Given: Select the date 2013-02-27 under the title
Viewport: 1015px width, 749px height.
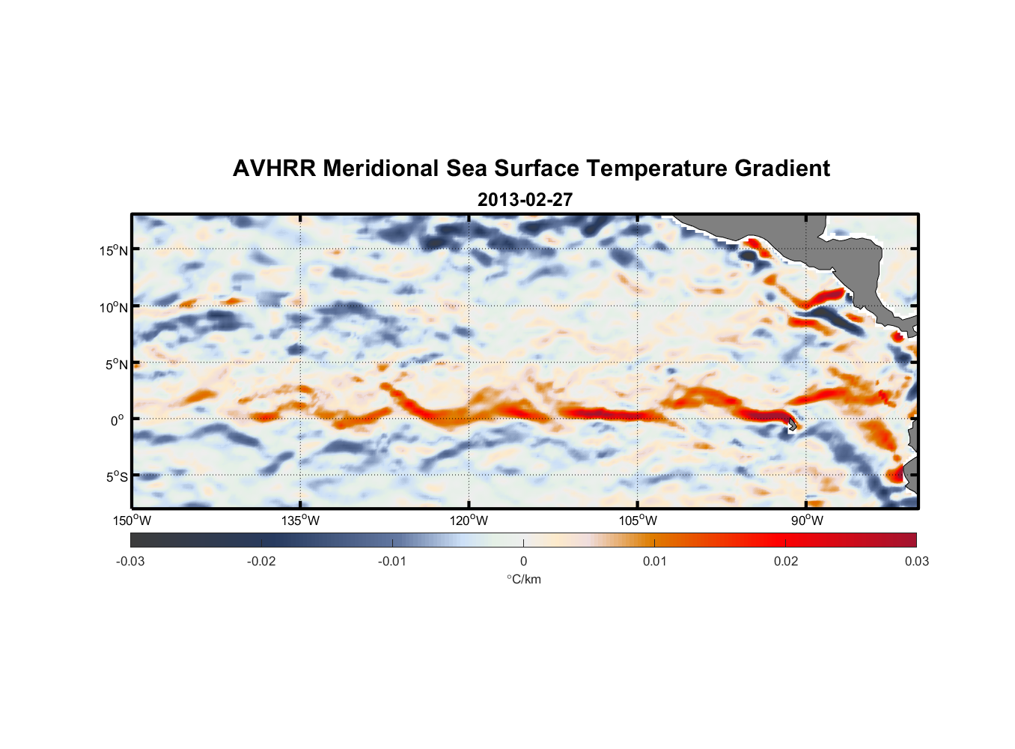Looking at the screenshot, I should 525,200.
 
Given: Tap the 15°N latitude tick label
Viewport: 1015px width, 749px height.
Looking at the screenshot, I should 113,250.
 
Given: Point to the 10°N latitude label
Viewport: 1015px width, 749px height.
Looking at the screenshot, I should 113,307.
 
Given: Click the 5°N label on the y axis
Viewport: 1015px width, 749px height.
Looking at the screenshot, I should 115,364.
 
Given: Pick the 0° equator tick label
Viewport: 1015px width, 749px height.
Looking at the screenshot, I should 117,420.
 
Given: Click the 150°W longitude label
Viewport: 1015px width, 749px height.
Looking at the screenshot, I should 132,521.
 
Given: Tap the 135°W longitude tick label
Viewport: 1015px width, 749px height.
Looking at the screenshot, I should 300,521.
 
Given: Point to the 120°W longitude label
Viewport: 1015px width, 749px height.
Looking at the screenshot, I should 469,521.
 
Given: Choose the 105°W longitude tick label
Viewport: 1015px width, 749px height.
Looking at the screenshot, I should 638,521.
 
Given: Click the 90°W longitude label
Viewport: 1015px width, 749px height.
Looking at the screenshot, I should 807,521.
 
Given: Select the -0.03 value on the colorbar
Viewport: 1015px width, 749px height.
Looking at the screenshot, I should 130,561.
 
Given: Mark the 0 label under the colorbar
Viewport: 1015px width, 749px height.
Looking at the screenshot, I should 523,561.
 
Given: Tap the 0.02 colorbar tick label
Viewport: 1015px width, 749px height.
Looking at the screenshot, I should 786,561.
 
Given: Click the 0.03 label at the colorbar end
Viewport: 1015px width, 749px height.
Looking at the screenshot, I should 916,561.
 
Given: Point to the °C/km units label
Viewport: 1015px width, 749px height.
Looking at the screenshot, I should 523,579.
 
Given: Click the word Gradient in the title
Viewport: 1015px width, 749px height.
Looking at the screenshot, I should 782,169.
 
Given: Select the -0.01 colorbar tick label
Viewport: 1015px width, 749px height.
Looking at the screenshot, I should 392,561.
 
